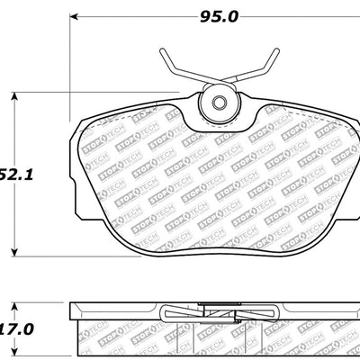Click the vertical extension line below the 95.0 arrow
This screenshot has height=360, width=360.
[x=70, y=72]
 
